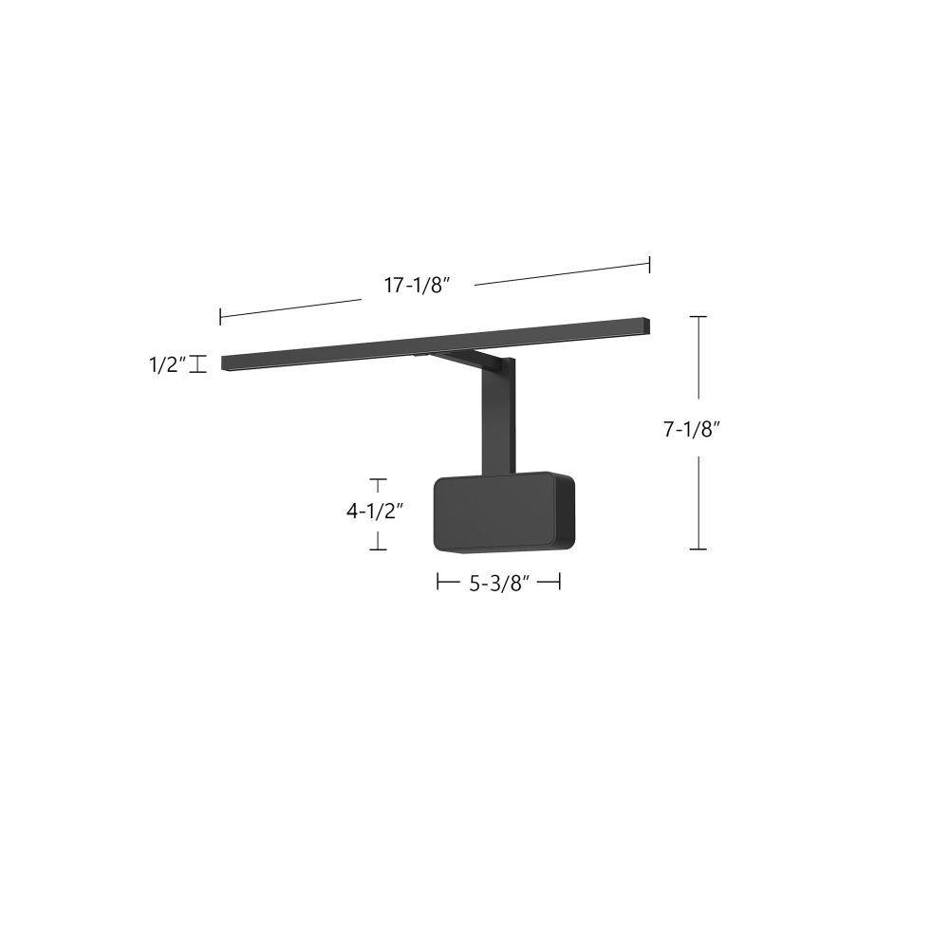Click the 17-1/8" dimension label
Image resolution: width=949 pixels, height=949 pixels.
pyautogui.click(x=419, y=285)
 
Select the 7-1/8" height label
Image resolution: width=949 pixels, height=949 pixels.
pyautogui.click(x=691, y=429)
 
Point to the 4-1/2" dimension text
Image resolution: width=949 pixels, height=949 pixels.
pyautogui.click(x=375, y=512)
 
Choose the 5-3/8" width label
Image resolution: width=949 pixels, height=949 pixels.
pyautogui.click(x=500, y=584)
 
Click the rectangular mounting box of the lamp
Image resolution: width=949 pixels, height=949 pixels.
pyautogui.click(x=504, y=512)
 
